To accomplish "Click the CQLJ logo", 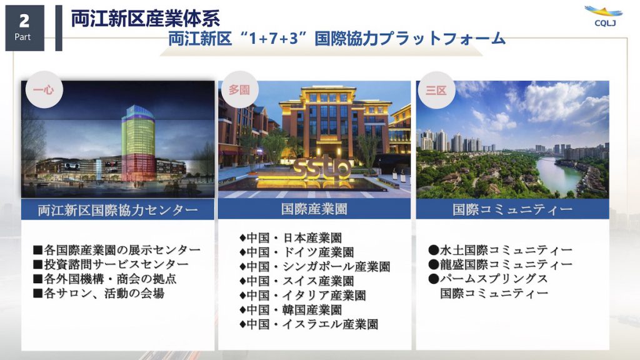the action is coord(604,16).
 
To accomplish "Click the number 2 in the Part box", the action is coord(24,21).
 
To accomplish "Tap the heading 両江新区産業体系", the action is coord(145,19).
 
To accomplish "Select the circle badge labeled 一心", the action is coord(44,89).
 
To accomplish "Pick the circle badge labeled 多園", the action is coord(239,89).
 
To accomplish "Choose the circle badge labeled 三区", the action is coord(436,90).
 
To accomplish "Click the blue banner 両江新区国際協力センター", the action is coord(117,209).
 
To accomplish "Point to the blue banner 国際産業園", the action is coord(314,209).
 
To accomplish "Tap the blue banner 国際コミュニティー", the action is coord(512,209).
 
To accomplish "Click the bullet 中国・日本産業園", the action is coord(291,238).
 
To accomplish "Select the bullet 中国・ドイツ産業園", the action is coord(297,252).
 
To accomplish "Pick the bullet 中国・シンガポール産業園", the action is coord(315,266).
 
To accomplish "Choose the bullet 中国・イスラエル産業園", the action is coord(309,324).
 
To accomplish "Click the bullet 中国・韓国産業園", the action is coord(291,310).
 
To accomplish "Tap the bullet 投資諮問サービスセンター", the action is coord(111,264).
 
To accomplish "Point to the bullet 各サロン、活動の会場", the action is coord(99,293).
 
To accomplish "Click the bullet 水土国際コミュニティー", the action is coord(501,250).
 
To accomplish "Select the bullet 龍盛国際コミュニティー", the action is coord(501,264).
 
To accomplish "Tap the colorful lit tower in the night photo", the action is coord(138,143).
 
